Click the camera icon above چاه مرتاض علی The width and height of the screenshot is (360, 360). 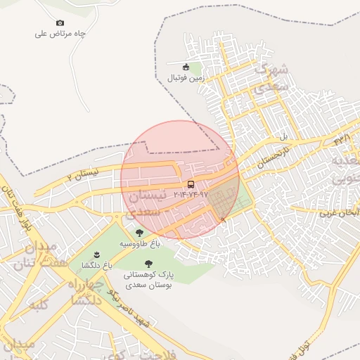59,23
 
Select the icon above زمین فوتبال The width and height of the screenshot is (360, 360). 186,67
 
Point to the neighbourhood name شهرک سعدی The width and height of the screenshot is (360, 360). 271,79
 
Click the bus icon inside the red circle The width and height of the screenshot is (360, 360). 191,185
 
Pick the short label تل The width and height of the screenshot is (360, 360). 284,136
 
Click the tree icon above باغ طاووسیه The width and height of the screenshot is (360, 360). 139,233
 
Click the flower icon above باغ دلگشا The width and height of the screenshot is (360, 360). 96,254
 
